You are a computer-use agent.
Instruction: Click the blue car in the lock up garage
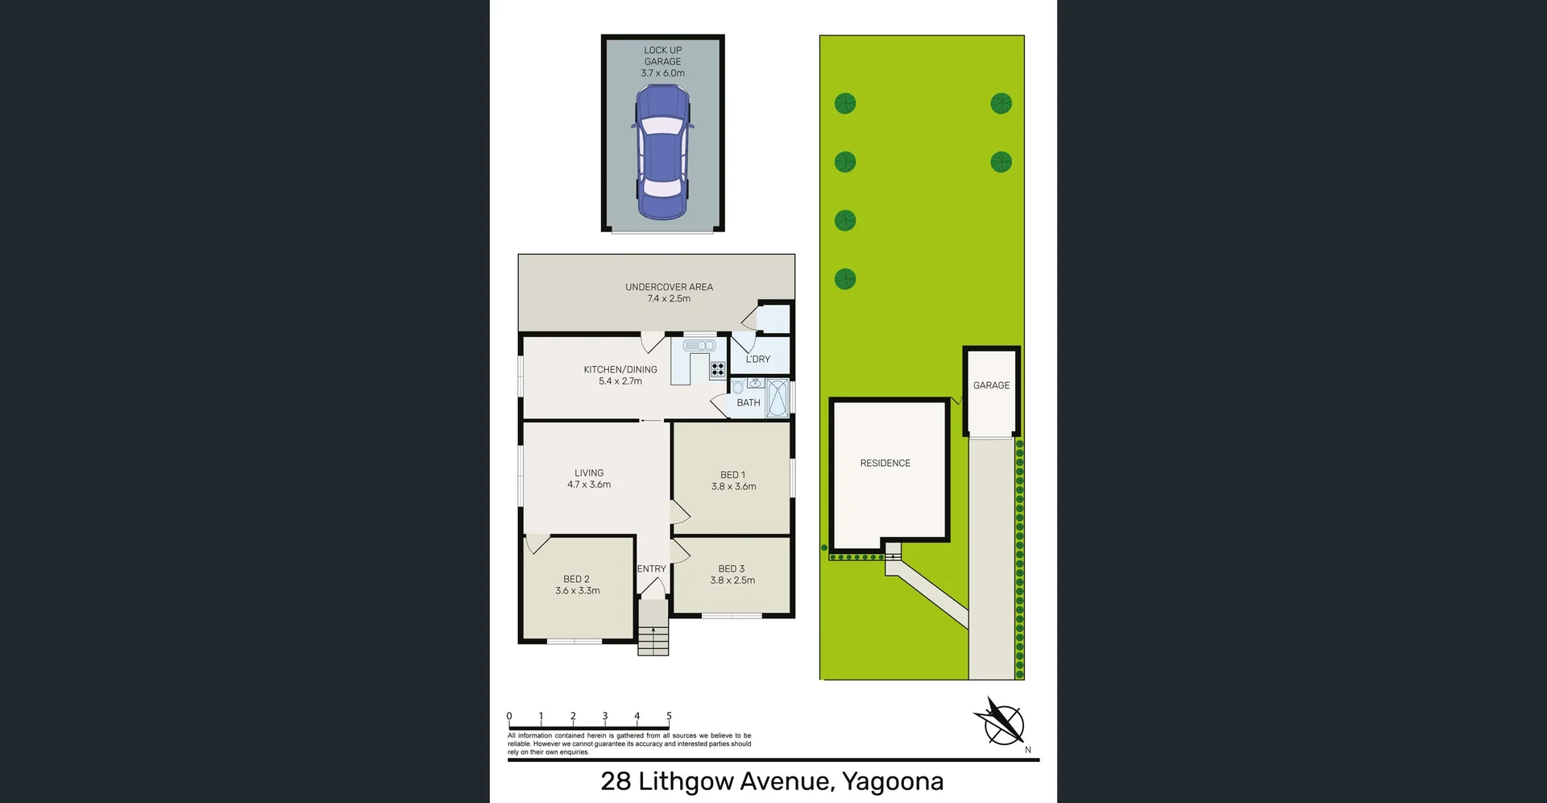click(x=662, y=153)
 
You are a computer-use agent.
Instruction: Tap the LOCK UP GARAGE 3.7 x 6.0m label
click(x=662, y=61)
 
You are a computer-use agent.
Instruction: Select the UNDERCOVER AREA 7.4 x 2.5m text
click(x=669, y=293)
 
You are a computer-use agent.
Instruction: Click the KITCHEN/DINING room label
click(x=620, y=369)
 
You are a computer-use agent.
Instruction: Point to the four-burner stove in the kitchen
click(x=717, y=369)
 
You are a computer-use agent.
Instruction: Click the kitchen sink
click(x=699, y=346)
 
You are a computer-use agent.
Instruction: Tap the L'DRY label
click(x=757, y=360)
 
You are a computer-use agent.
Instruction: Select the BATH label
click(x=748, y=403)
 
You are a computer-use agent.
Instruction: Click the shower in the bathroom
click(x=777, y=397)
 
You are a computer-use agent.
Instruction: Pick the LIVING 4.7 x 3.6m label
click(x=589, y=479)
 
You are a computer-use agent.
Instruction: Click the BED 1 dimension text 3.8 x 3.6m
click(x=733, y=487)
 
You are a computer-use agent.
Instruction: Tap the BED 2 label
click(x=576, y=579)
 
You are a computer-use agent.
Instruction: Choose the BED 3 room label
click(x=732, y=568)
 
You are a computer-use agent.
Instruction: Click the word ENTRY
click(x=651, y=569)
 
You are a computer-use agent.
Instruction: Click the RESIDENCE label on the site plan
click(x=885, y=464)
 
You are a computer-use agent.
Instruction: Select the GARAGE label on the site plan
click(x=991, y=385)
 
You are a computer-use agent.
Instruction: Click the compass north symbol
click(x=1003, y=722)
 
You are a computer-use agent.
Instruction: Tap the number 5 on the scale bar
click(x=669, y=716)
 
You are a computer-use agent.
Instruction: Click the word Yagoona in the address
click(x=892, y=781)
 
